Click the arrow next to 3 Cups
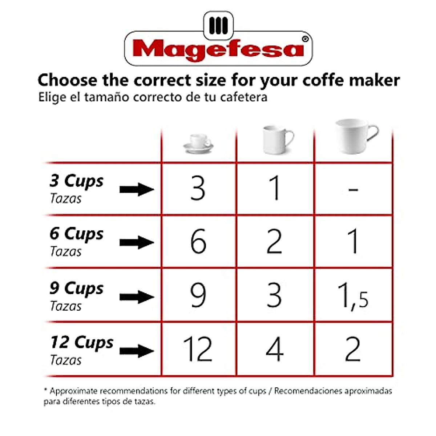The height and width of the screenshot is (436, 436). [137, 189]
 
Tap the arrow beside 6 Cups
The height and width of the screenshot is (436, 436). [137, 242]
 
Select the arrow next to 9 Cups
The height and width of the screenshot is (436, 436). [137, 297]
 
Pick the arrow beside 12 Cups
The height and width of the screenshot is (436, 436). [137, 351]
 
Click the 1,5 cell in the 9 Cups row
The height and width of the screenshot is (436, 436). [352, 296]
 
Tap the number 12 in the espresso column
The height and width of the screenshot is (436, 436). [198, 349]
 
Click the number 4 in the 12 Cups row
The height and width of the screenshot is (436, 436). [274, 349]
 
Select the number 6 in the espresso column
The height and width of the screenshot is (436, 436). [198, 242]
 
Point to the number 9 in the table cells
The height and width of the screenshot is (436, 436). [198, 295]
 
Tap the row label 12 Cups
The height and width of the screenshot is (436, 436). [82, 343]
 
